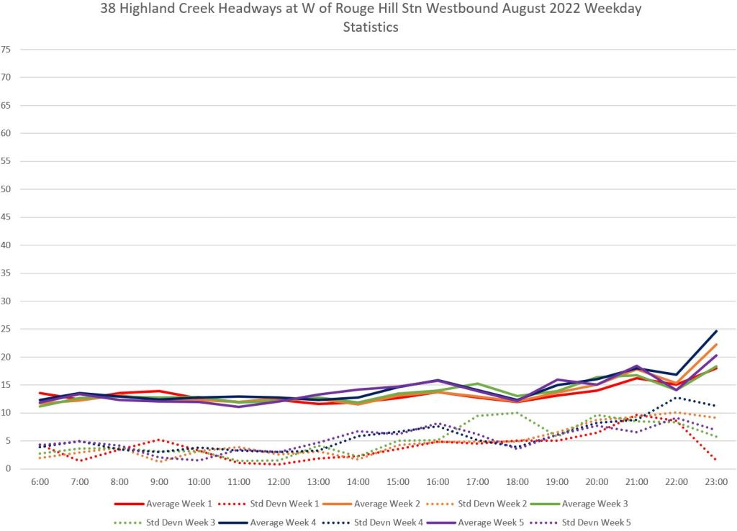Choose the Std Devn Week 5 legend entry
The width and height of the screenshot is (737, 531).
coord(601,521)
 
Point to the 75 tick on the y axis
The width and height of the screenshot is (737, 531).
coord(6,49)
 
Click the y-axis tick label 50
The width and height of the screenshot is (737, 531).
coord(6,189)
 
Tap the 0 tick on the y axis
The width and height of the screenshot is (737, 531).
coord(9,469)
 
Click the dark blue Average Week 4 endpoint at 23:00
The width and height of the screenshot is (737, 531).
coord(715,331)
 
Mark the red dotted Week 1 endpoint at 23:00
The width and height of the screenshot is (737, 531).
coord(715,458)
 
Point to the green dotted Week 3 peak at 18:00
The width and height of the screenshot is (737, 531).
coord(517,412)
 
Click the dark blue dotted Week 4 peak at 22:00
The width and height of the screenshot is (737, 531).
coord(676,398)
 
